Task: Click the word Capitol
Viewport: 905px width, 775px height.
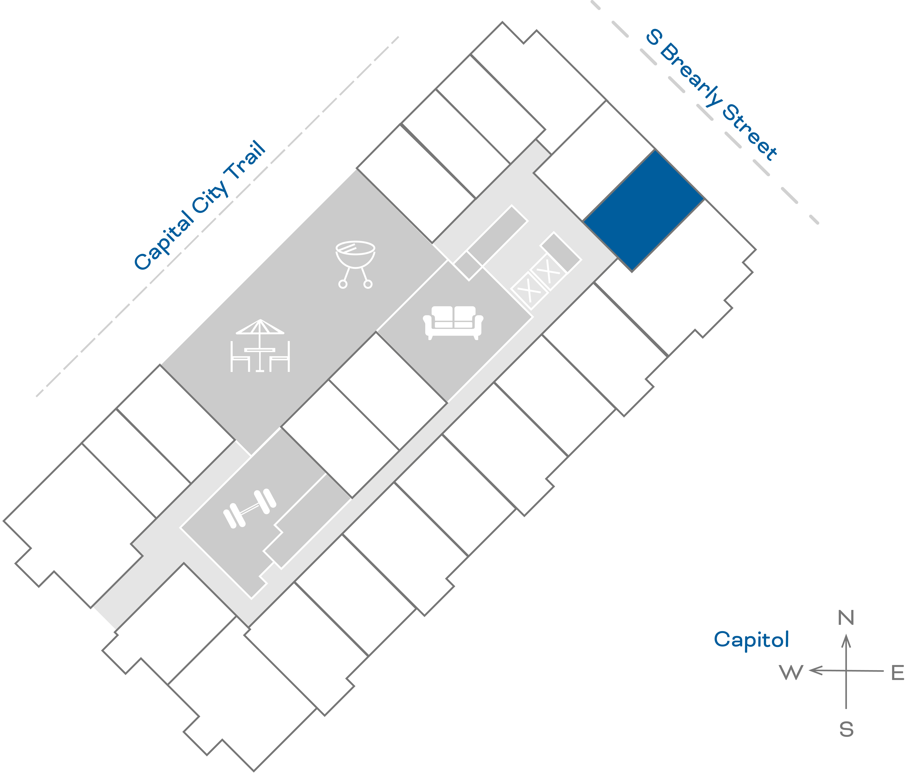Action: [751, 640]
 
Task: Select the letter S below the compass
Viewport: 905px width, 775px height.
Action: [846, 729]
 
